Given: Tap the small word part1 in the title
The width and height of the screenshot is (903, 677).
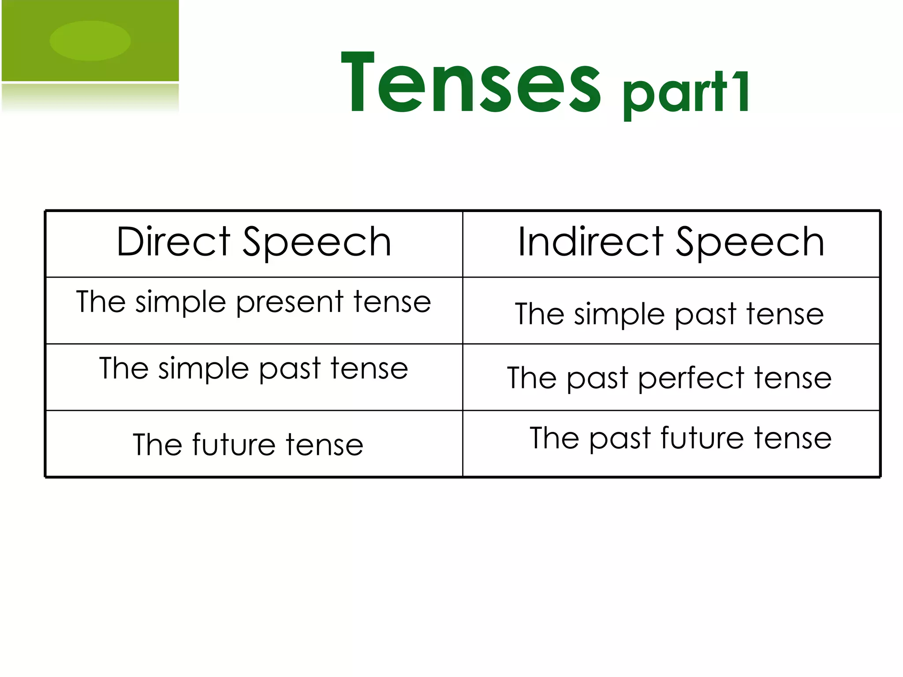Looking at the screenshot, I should click(x=686, y=93).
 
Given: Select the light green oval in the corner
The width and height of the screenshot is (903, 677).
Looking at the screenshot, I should click(x=90, y=41).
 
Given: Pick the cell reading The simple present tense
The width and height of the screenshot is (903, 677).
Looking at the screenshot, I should click(x=254, y=302).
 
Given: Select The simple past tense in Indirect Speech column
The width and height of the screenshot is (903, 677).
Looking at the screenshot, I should click(x=669, y=314).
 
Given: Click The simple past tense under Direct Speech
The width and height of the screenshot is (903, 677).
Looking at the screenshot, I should click(x=254, y=368).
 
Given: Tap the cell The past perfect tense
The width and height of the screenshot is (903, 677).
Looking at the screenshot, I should click(x=669, y=378).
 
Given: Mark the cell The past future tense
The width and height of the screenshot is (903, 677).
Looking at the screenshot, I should click(x=680, y=438).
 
